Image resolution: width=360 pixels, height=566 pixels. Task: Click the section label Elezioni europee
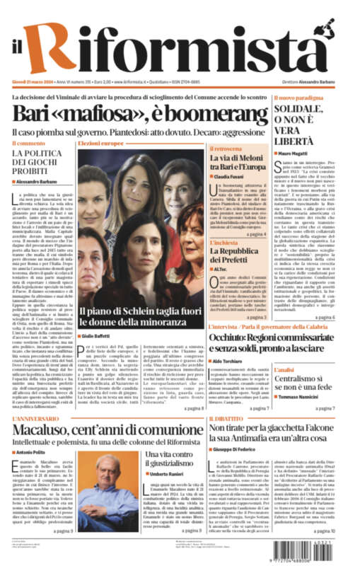click(x=101, y=144)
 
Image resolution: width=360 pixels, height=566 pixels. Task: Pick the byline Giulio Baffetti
click(x=101, y=335)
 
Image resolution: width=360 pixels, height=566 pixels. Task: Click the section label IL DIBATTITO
click(x=226, y=419)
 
